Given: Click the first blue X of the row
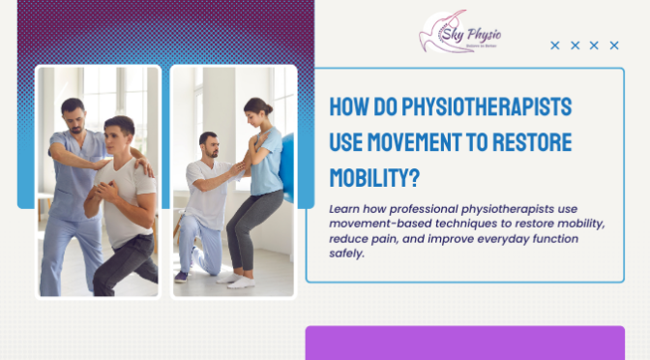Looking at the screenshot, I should (555, 45).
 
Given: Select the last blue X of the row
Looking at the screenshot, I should (613, 45).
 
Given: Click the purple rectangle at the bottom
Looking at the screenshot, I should (464, 344).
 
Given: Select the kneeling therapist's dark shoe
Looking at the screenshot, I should (182, 277).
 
